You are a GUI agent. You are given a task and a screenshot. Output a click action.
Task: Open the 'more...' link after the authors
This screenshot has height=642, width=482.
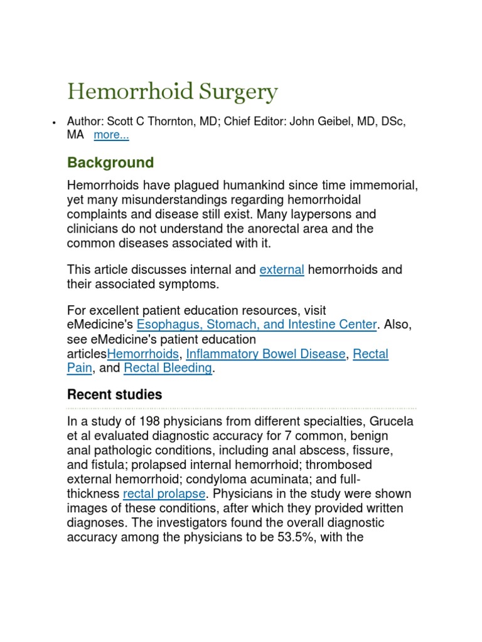(x=111, y=135)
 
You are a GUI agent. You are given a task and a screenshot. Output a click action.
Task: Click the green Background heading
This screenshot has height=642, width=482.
(x=110, y=163)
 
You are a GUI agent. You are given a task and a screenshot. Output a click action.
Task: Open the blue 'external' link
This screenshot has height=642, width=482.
(x=282, y=270)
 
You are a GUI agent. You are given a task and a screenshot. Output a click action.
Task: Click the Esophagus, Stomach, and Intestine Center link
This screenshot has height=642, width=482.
(x=257, y=325)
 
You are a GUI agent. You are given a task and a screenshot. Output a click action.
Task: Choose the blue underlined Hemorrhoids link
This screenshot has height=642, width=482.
(x=142, y=354)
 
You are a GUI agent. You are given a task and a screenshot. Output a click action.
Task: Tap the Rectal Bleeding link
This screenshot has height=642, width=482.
(x=168, y=368)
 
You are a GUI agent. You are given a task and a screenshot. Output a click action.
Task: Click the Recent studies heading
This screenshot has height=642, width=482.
(x=114, y=395)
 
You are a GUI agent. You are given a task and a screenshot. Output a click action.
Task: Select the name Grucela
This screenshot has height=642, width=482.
(x=391, y=421)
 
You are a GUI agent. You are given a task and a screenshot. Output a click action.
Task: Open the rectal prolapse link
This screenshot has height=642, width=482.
(x=164, y=493)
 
